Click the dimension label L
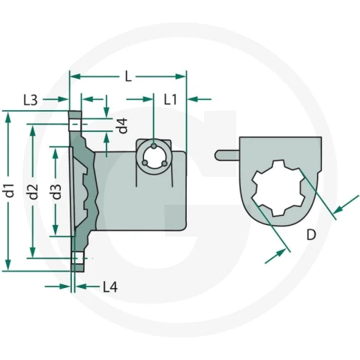pyautogui.click(x=128, y=76)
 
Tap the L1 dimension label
pyautogui.click(x=170, y=99)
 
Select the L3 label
pyautogui.click(x=31, y=100)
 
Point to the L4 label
pyautogui.click(x=110, y=286)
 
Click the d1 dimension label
pyautogui.click(x=10, y=190)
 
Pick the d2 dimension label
pyautogui.click(x=33, y=191)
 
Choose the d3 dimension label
pyautogui.click(x=56, y=191)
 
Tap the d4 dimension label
pyautogui.click(x=123, y=125)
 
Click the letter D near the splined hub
pyautogui.click(x=311, y=235)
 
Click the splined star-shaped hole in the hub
pyautogui.click(x=277, y=188)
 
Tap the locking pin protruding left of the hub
pyautogui.click(x=227, y=155)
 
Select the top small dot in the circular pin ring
pyautogui.click(x=154, y=145)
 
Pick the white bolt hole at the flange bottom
pyautogui.click(x=78, y=258)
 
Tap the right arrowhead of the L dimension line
pyautogui.click(x=181, y=76)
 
